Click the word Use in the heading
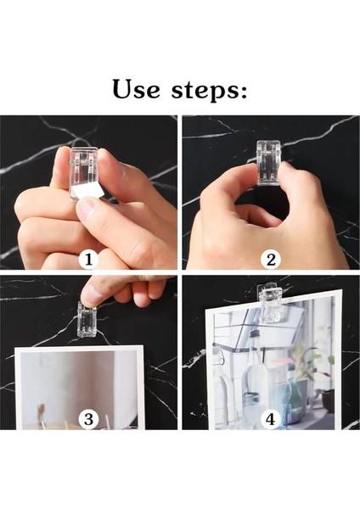(x=136, y=89)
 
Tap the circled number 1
(x=88, y=260)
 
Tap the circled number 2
(x=271, y=260)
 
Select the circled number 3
(x=88, y=419)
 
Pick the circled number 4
(x=271, y=419)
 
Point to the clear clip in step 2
(x=268, y=162)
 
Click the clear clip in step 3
(x=87, y=320)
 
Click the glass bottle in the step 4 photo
(x=255, y=366)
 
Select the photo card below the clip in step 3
(x=80, y=388)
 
